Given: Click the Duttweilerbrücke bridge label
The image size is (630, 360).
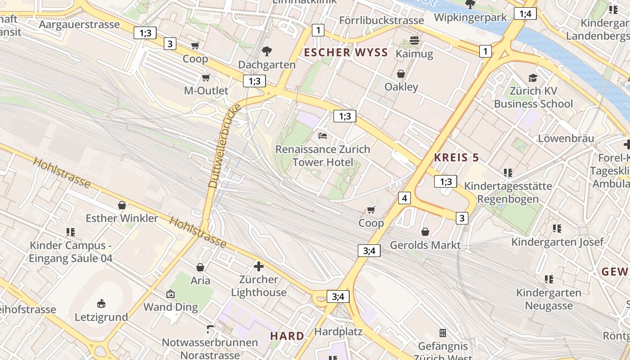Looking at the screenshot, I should click(225, 146).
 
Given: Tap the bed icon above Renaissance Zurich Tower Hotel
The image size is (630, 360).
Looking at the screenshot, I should click(322, 135).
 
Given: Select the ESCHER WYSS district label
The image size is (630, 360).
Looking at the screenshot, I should click(346, 53).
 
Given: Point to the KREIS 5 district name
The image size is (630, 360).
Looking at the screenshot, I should click(456, 157).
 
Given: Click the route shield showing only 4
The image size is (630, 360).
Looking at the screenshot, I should click(405, 198).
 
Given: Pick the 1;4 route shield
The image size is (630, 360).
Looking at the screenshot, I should click(525, 13).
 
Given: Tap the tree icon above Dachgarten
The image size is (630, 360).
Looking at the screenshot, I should click(267, 51).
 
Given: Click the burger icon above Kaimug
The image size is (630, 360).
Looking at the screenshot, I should click(414, 41).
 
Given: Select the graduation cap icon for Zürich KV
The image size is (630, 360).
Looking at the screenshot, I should click(533, 78).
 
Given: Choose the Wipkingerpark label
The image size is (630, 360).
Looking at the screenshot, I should click(470, 17).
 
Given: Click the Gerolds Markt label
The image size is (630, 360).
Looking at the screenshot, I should click(425, 245).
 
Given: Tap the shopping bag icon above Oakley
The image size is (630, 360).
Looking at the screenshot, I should click(401, 74).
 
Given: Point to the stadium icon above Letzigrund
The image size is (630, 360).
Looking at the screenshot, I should click(101, 304).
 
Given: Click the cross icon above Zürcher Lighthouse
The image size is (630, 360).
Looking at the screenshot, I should click(259, 266).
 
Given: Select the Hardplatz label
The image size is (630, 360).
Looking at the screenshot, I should click(338, 332).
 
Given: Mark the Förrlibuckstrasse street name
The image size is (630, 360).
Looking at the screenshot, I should click(381, 20).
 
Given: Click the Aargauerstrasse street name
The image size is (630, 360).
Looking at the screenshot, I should click(79, 24).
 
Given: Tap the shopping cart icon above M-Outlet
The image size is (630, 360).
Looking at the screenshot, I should click(206, 77).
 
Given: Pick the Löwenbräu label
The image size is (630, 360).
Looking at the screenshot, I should click(566, 138).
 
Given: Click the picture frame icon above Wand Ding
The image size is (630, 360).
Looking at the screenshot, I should click(171, 294).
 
